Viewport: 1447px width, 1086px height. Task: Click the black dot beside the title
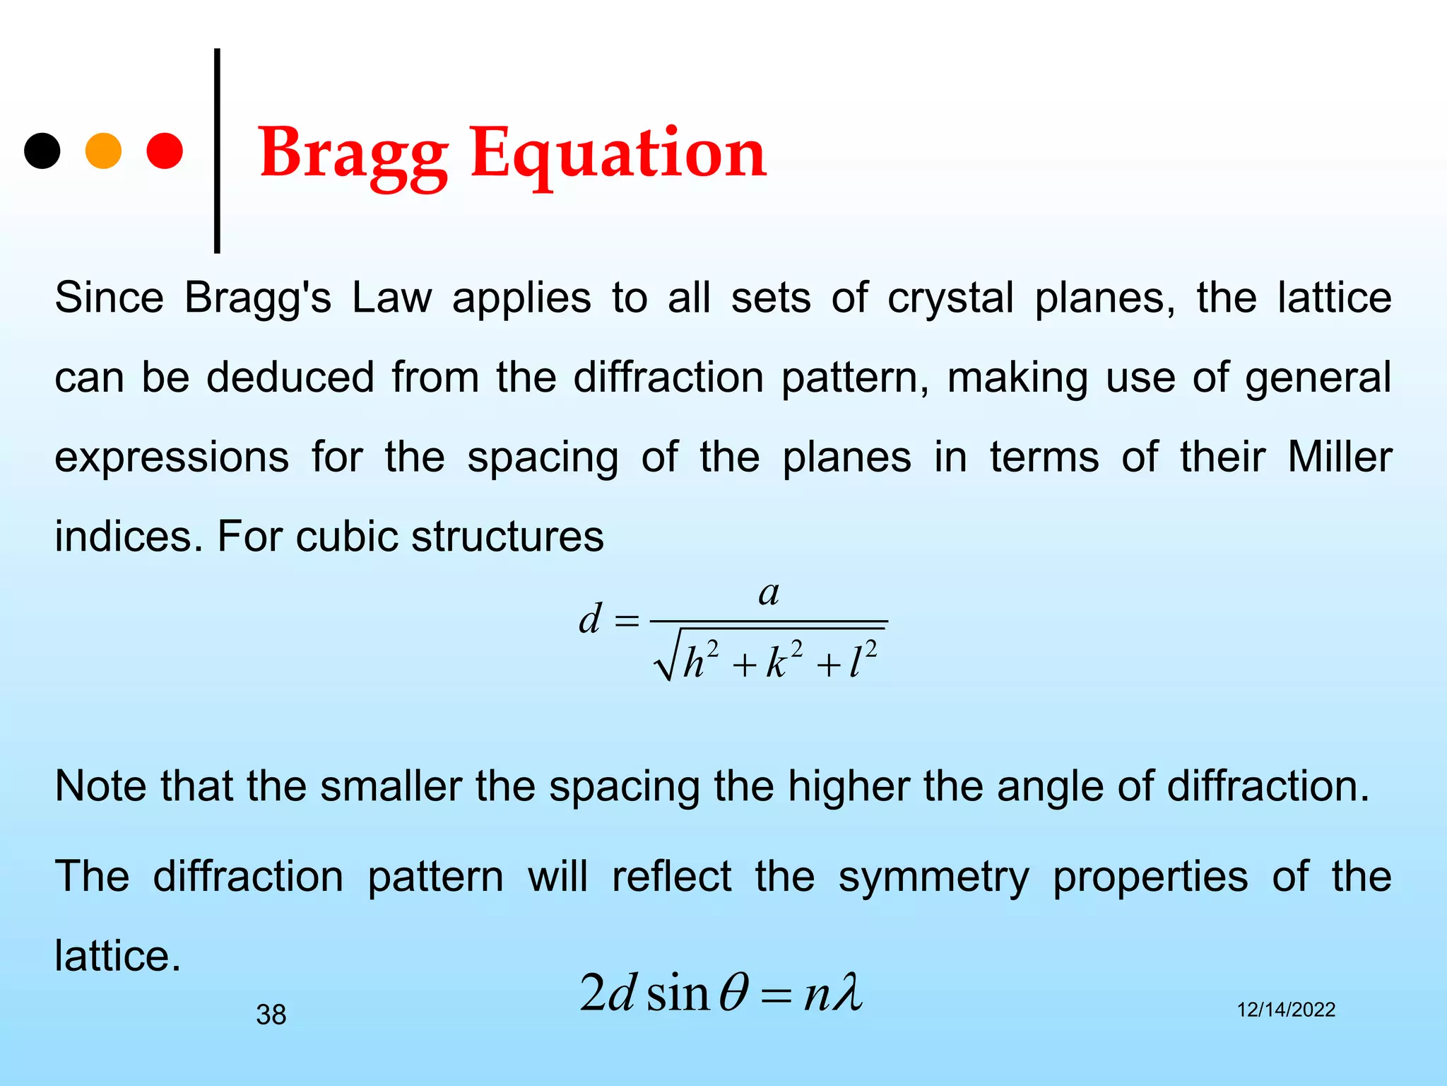pyautogui.click(x=42, y=151)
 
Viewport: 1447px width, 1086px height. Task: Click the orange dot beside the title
pyautogui.click(x=103, y=151)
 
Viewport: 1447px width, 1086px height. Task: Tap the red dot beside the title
pyautogui.click(x=165, y=151)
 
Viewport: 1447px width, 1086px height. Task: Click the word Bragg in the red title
pyautogui.click(x=353, y=154)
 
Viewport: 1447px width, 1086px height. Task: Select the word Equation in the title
pyautogui.click(x=618, y=154)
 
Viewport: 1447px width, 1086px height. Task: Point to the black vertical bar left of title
pyautogui.click(x=217, y=151)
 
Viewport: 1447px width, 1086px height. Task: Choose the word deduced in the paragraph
pyautogui.click(x=290, y=377)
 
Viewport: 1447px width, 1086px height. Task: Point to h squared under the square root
pyautogui.click(x=700, y=660)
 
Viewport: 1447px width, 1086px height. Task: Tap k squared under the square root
pyautogui.click(x=784, y=660)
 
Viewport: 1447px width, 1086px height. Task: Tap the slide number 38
pyautogui.click(x=271, y=1015)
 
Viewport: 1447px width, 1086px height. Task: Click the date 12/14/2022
pyautogui.click(x=1285, y=1010)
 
